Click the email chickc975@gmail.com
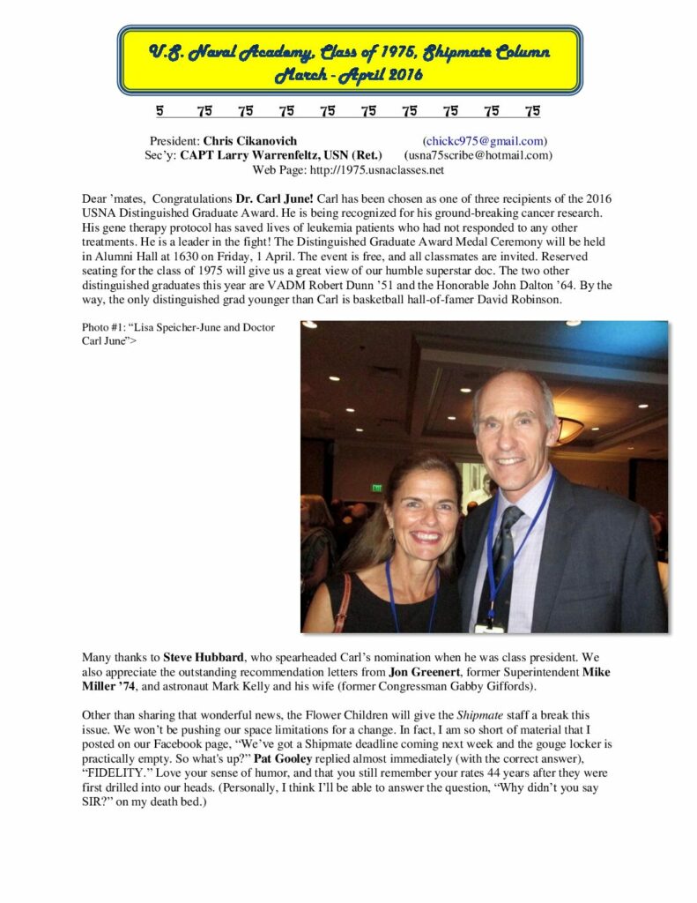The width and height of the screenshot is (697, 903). coord(485,141)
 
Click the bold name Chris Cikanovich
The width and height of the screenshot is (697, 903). coord(250,141)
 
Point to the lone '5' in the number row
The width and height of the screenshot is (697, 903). coord(159,111)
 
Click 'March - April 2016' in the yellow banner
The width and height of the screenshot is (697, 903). coord(349,74)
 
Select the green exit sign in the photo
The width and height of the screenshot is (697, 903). coord(377,487)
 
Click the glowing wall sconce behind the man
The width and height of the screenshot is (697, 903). coord(569,431)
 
